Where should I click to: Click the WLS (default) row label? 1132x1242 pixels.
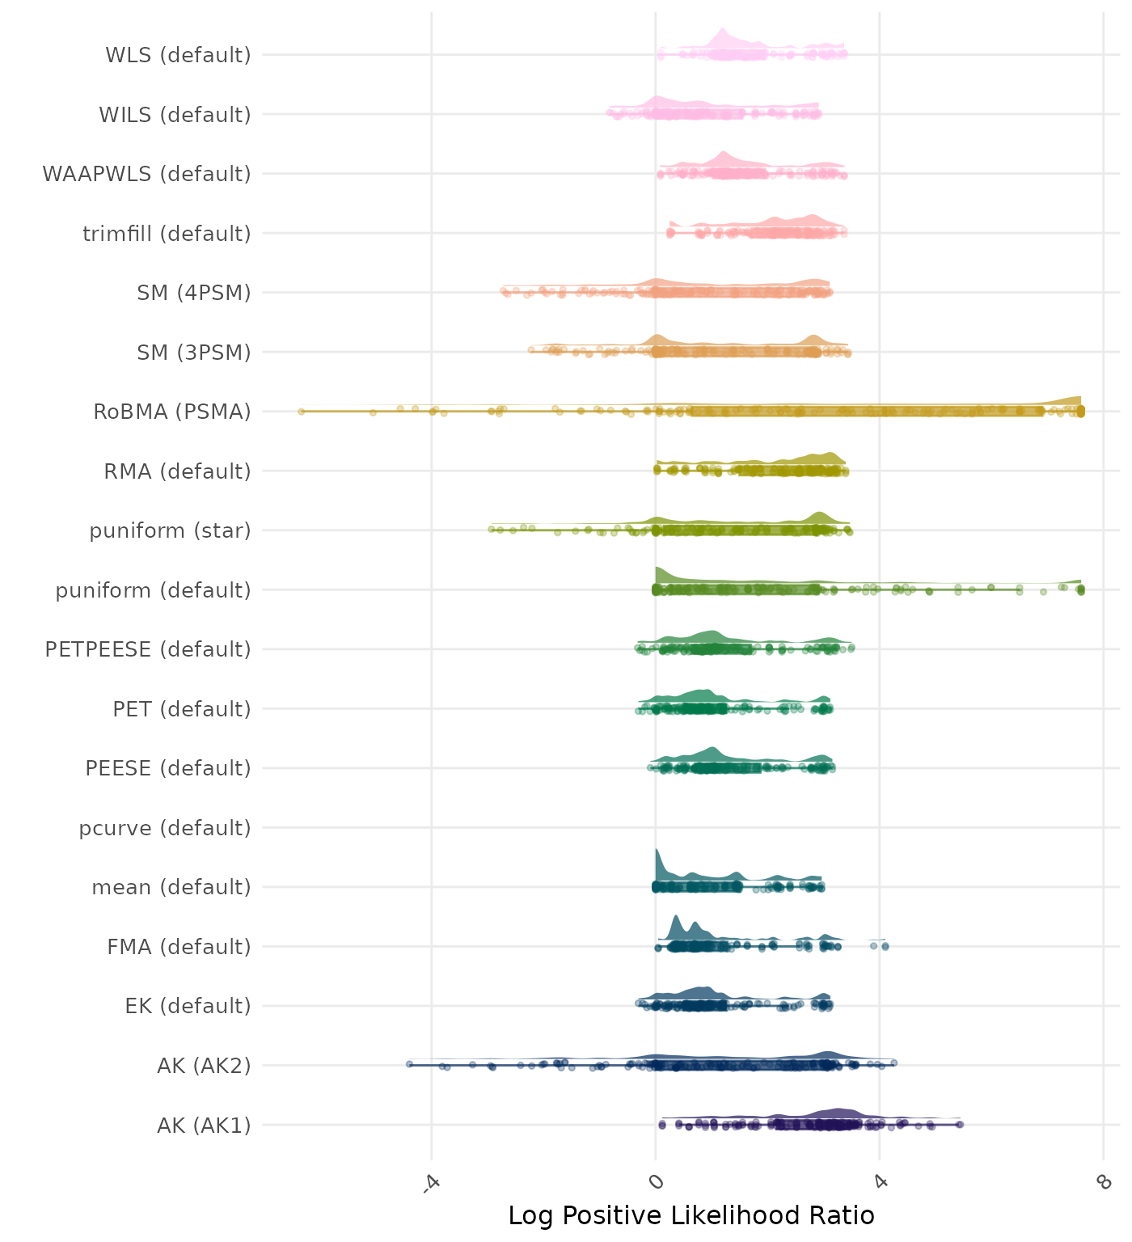tap(178, 55)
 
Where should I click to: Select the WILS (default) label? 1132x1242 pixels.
tap(175, 115)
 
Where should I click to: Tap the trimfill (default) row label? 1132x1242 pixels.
tap(167, 234)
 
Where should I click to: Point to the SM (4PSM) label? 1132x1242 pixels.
tap(194, 293)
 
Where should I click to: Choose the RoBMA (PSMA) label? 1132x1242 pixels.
tap(172, 412)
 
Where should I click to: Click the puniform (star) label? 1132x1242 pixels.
tap(170, 530)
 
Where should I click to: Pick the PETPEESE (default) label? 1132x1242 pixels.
tap(148, 649)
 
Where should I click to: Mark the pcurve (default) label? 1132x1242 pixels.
tap(165, 828)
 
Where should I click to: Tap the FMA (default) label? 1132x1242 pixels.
tap(179, 947)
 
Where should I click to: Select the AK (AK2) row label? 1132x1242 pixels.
tap(204, 1066)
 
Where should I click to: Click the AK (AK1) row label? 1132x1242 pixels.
tap(204, 1126)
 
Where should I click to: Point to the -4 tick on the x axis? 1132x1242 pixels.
tap(430, 1182)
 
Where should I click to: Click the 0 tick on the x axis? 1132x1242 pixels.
tap(655, 1182)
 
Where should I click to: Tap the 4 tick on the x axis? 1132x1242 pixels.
tap(880, 1182)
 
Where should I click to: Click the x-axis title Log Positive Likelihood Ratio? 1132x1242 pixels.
tap(691, 1216)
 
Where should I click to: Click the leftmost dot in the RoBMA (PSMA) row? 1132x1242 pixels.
tap(301, 412)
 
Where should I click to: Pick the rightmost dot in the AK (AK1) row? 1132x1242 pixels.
tap(960, 1125)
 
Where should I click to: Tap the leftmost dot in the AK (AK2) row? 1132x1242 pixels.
tap(409, 1064)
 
